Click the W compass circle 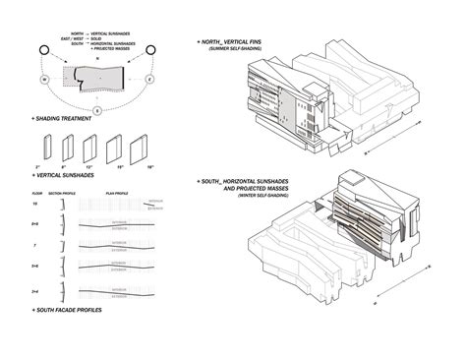44,79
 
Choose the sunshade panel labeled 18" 148,150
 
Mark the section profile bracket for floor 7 63,244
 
